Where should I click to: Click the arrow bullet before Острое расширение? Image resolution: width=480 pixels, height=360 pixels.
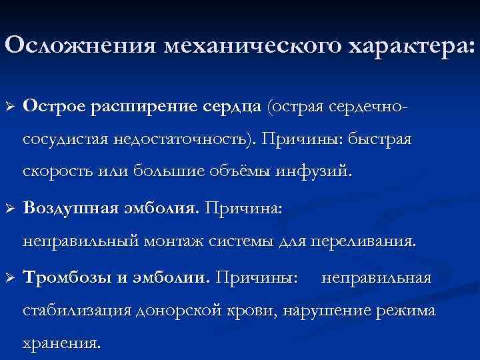[9, 106]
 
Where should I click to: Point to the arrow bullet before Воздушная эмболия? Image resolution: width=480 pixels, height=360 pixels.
[9, 209]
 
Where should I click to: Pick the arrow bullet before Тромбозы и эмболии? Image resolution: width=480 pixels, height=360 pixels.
[9, 277]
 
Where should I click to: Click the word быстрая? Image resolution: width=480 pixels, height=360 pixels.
[380, 141]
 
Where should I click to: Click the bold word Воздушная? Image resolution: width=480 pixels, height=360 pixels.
[70, 209]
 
